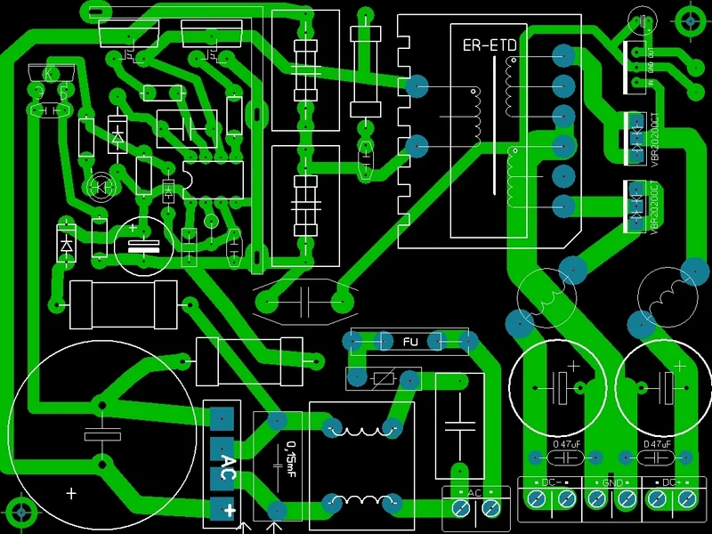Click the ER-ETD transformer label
pos(489,45)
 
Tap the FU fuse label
pos(410,342)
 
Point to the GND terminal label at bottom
pos(612,482)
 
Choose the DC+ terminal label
pos(672,482)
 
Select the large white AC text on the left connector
pos(228,461)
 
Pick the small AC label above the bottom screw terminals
pos(474,493)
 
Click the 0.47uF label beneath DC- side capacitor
pos(566,444)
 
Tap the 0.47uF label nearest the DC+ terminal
pos(657,444)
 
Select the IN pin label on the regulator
pos(650,83)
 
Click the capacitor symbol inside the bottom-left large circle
pos(101,435)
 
